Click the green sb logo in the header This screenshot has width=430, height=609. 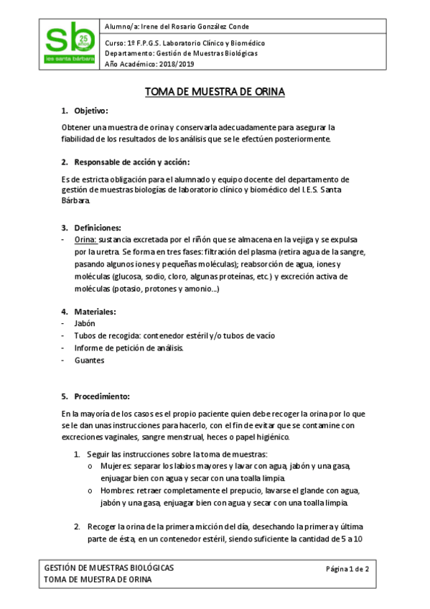pos(70,44)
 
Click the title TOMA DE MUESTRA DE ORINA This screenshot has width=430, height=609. pos(215,92)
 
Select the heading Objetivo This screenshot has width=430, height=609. pos(90,111)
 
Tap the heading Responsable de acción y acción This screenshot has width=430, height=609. pos(132,162)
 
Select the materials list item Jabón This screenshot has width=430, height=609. pos(85,323)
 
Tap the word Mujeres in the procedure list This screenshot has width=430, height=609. pos(114,466)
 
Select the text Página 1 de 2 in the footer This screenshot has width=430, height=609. pos(347,569)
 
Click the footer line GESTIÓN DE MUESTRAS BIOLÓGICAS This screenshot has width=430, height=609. pos(109,568)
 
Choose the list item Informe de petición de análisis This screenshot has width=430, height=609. pos(128,348)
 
